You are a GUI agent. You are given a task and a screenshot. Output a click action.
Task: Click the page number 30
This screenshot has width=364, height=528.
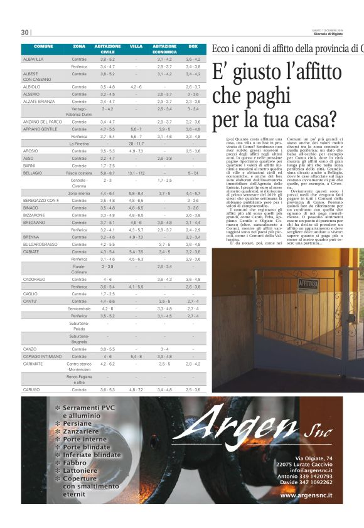click(24, 33)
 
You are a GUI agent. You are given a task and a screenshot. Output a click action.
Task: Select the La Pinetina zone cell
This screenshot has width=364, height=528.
click(79, 144)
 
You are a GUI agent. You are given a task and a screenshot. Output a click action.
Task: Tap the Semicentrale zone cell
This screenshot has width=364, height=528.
click(79, 309)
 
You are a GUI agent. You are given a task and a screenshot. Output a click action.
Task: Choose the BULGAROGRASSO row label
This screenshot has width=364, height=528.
click(40, 244)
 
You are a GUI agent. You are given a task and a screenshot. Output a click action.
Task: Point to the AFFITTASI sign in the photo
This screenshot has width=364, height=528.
click(309, 284)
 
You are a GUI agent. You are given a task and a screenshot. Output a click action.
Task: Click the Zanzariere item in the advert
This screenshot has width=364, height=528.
click(81, 432)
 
